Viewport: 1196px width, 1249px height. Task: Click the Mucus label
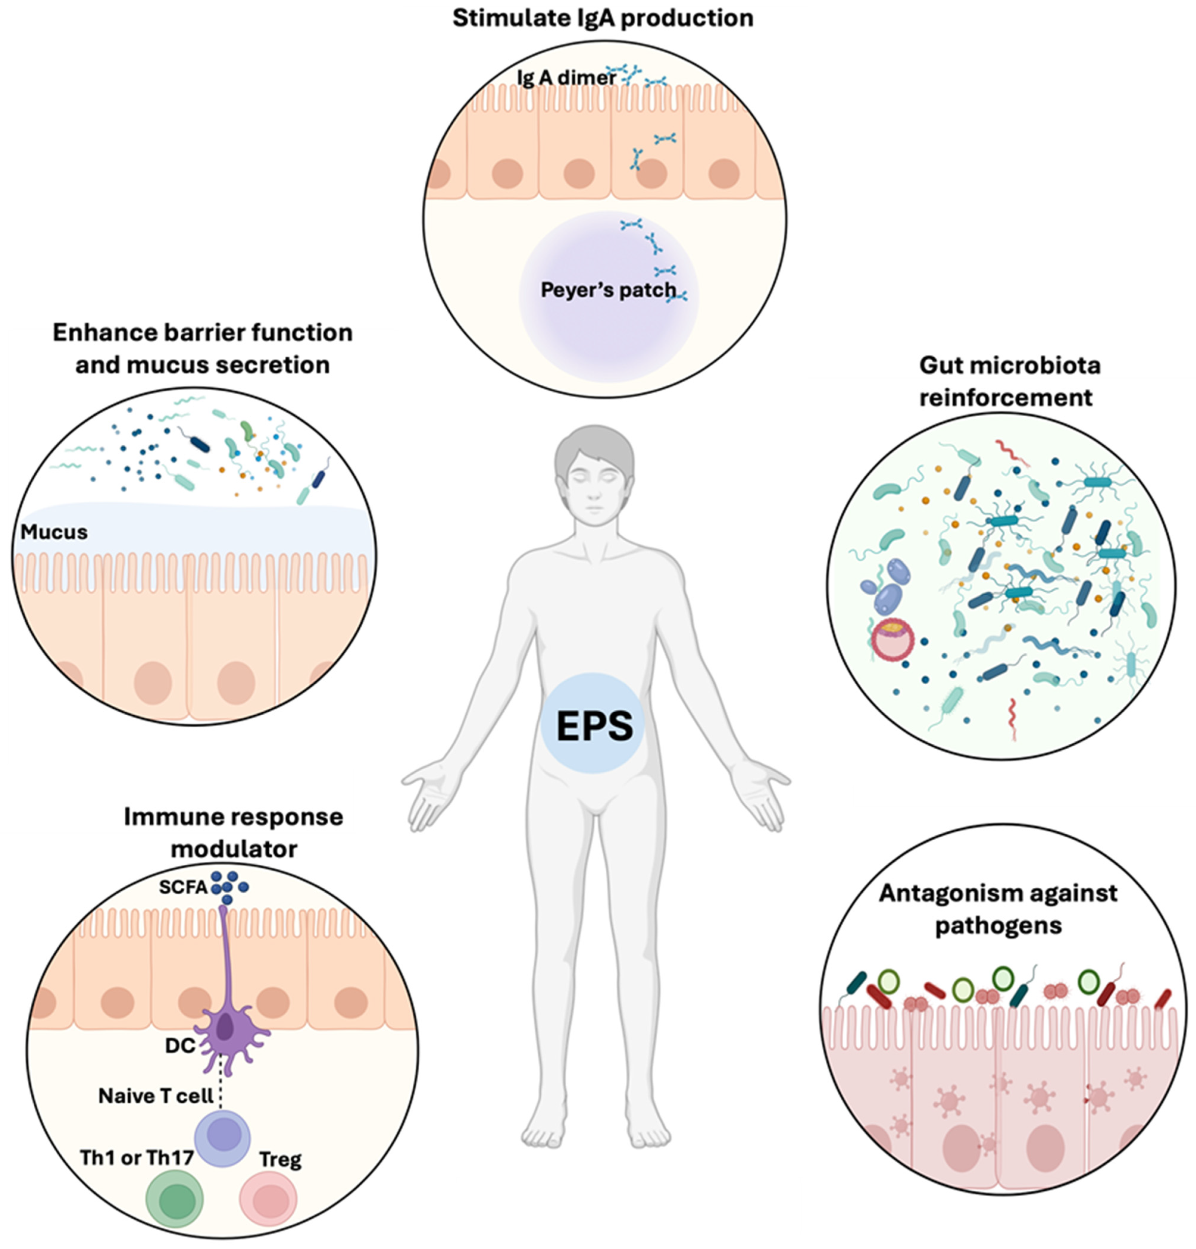[x=54, y=531]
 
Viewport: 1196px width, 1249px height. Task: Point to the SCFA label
[x=183, y=887]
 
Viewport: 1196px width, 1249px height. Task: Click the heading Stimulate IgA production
[x=602, y=18]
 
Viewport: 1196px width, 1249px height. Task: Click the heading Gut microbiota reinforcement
[x=1009, y=381]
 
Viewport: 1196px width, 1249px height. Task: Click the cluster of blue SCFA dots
[x=228, y=886]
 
